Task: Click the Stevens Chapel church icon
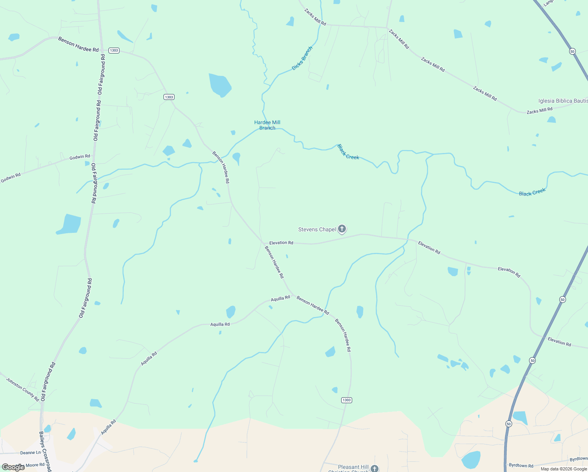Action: pos(342,229)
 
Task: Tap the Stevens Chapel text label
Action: pos(317,230)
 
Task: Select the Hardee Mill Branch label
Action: pos(267,125)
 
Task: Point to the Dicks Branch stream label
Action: pos(302,59)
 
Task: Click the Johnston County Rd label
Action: pos(23,389)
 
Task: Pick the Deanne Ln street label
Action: pos(30,453)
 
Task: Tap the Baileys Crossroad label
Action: pos(45,452)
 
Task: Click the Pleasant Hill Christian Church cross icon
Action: pos(375,468)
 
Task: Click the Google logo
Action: pos(13,467)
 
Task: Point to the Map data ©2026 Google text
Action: pos(564,469)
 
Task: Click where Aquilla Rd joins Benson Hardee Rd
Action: pos(293,295)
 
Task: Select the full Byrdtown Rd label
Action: pos(521,466)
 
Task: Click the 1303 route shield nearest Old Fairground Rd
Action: pos(114,50)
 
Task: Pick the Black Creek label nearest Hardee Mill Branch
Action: pos(348,152)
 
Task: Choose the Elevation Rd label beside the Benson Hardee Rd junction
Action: pos(281,243)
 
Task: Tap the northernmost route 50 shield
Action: pos(572,51)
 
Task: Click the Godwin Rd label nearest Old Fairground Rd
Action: pos(80,157)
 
